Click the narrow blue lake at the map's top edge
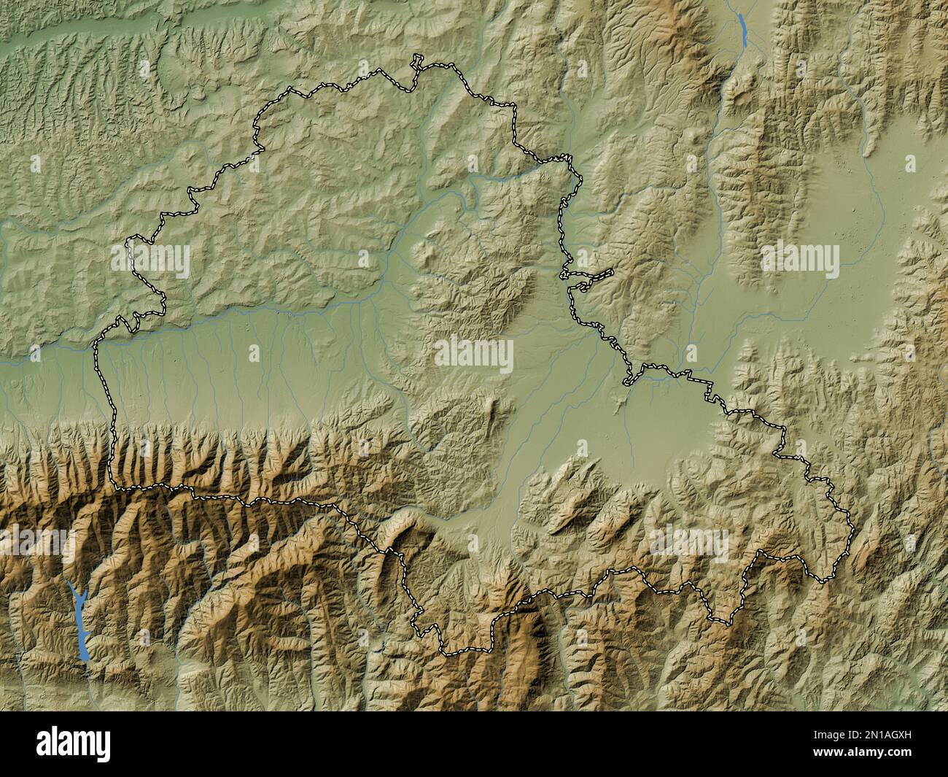pyautogui.click(x=743, y=29)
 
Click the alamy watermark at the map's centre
pyautogui.click(x=474, y=356)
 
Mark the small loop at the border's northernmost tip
pyautogui.click(x=419, y=59)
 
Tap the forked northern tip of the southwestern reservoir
pyautogui.click(x=70, y=585)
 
